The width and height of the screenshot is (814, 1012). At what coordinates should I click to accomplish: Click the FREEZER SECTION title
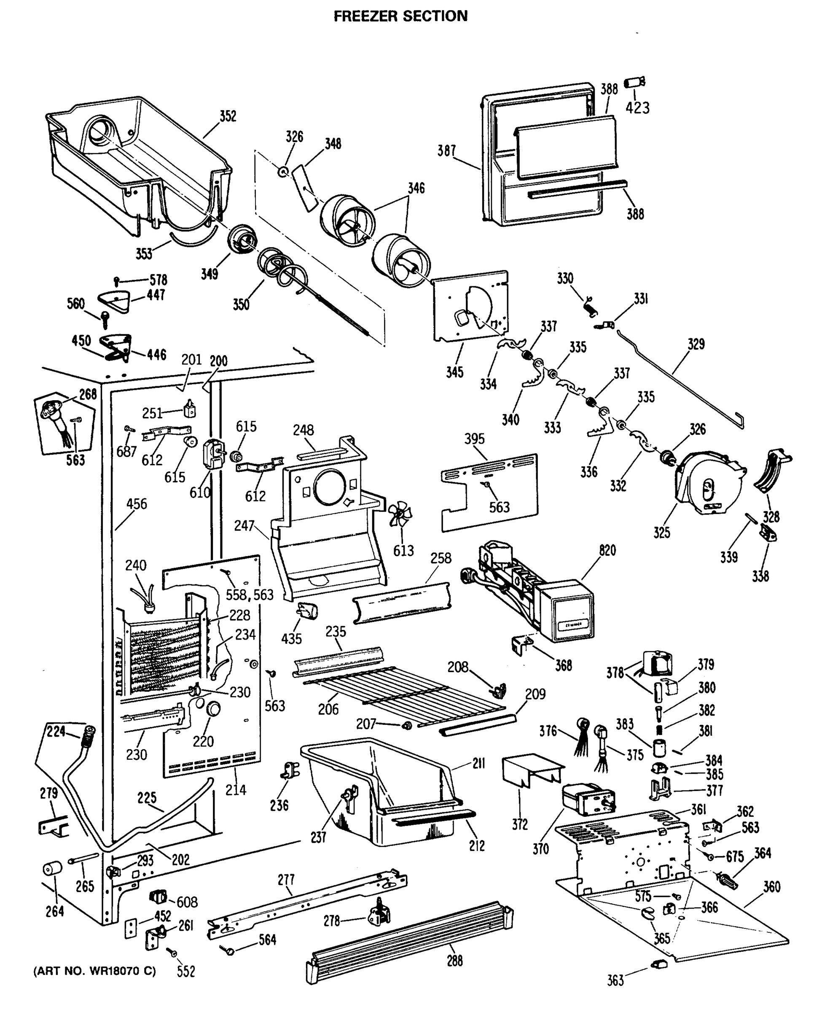(x=400, y=16)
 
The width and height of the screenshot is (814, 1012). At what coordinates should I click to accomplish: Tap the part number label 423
(x=638, y=108)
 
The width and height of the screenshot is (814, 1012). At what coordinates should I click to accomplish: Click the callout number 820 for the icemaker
(x=607, y=550)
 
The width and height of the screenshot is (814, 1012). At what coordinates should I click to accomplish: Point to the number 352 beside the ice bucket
(x=228, y=116)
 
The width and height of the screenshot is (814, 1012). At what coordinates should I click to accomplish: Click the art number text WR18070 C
(x=94, y=971)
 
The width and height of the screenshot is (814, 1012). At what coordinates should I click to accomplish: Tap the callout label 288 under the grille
(x=454, y=961)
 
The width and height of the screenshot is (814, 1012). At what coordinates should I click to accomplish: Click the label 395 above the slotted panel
(x=474, y=439)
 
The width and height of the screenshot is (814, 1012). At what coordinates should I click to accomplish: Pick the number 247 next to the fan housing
(x=244, y=526)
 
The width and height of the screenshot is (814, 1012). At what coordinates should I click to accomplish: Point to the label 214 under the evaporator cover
(x=236, y=790)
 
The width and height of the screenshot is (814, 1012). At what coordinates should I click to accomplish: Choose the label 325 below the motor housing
(x=661, y=532)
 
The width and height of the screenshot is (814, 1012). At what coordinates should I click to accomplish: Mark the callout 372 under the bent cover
(x=520, y=824)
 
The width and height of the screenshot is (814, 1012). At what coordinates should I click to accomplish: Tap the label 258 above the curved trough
(x=441, y=558)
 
